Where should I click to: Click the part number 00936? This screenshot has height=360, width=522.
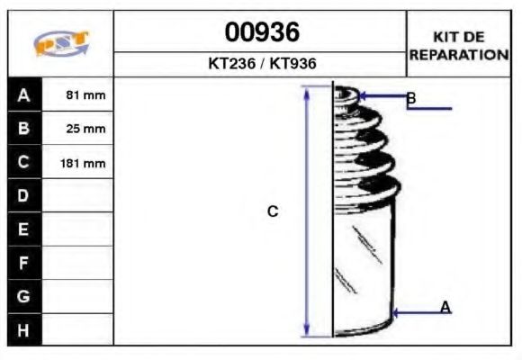[x=261, y=33]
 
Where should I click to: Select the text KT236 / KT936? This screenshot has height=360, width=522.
[x=261, y=65]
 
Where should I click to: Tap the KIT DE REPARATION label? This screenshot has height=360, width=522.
[x=459, y=45]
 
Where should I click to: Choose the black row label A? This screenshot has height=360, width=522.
[x=24, y=94]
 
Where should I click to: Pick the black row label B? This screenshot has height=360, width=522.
[x=24, y=129]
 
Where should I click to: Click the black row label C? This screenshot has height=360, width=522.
[x=24, y=163]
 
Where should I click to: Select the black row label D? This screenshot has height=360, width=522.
[x=24, y=195]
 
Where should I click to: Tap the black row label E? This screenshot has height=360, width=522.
[x=24, y=229]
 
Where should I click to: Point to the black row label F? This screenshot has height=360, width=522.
[x=24, y=263]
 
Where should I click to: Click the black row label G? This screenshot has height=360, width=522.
[x=24, y=296]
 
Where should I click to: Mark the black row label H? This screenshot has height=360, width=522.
[x=24, y=329]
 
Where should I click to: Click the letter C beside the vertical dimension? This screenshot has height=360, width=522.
[x=273, y=211]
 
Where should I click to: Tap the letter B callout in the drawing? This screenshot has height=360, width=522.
[x=410, y=97]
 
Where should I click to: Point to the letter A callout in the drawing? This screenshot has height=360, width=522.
[x=445, y=308]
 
